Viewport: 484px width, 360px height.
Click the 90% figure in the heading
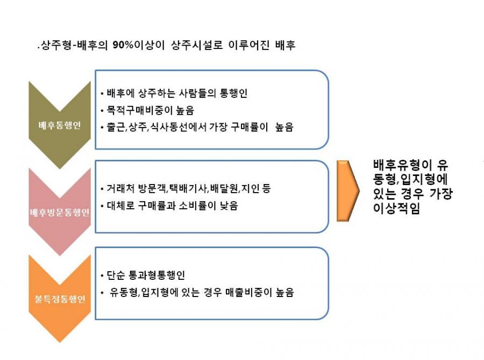pos(123,45)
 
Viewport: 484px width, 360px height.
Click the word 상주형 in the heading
pos(56,45)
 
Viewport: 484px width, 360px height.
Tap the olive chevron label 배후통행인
pos(60,125)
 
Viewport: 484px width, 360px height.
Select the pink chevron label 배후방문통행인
pos(60,212)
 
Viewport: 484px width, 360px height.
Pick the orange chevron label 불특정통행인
pos(60,299)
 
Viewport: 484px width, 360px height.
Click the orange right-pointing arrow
pos(348,191)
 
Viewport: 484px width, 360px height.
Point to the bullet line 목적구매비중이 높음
pos(150,110)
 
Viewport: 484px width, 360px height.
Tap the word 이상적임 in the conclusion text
pos(397,208)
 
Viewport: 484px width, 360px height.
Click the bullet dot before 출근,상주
pos(102,127)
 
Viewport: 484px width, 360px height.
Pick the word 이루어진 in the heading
pos(249,45)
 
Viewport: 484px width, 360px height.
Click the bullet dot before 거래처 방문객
pos(102,189)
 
